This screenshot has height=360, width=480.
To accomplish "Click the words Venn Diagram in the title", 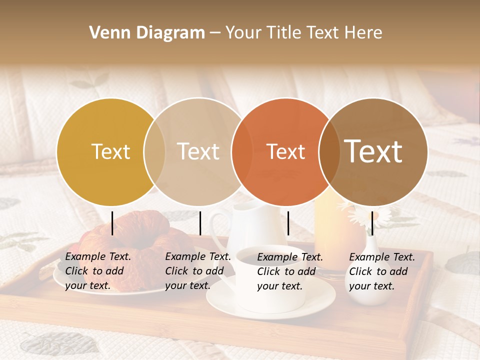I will tap(147, 33).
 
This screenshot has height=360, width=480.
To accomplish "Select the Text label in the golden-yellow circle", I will tap(110, 151).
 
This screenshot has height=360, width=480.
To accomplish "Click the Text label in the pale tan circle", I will tap(198, 151).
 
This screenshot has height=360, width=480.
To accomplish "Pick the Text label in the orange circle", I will tap(286, 151).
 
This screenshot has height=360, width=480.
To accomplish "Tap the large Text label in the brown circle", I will tap(373, 151).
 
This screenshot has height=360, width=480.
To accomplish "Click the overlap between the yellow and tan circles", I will tap(154, 151).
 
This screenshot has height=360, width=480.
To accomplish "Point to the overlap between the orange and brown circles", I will tap(329, 151).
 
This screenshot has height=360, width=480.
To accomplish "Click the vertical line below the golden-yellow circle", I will tap(112, 223).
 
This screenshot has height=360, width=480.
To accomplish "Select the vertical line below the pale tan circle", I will tap(200, 223).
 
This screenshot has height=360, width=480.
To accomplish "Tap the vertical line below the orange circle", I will tap(288, 223).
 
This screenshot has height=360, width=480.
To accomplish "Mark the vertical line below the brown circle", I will tap(372, 223).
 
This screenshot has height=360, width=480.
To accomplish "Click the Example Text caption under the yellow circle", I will tap(98, 271).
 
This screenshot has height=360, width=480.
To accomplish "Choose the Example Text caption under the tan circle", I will tap(198, 271).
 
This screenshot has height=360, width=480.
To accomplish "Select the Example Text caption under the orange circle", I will tap(290, 271).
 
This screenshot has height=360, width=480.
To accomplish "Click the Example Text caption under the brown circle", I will tap(382, 271).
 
